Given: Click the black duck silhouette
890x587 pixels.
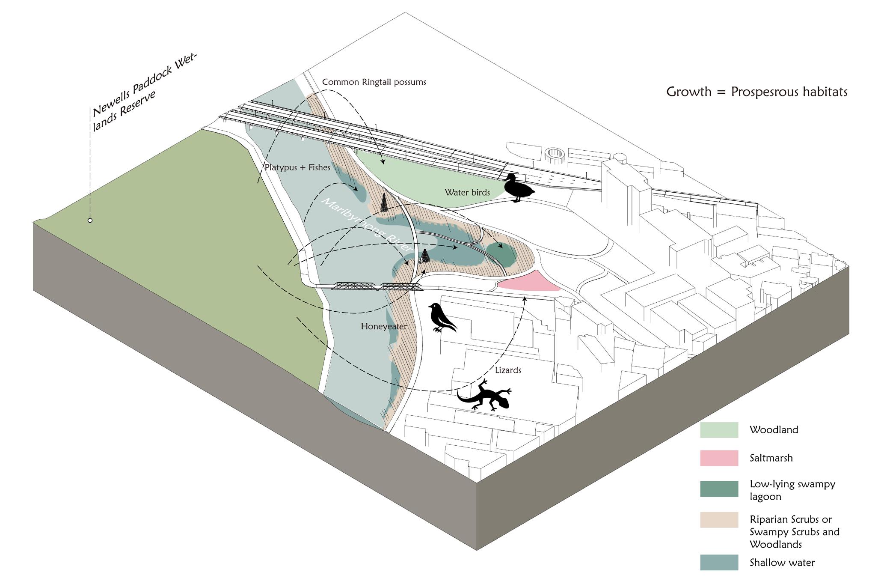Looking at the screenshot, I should click(x=517, y=188).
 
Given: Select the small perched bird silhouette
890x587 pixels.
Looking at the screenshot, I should click(x=442, y=318).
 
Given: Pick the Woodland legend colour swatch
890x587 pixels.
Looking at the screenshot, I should click(x=719, y=430).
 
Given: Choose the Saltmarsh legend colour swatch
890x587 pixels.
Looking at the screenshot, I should click(x=719, y=458).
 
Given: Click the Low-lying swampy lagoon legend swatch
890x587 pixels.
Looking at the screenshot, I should click(x=719, y=489).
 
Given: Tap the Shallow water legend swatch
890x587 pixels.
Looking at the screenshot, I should click(x=719, y=563).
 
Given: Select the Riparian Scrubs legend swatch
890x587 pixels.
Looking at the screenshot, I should click(x=719, y=520).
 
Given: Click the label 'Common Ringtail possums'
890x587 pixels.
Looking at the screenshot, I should click(x=374, y=82).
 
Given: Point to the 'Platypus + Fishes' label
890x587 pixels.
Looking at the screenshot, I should click(x=297, y=167).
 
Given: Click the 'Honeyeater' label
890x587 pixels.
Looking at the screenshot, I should click(x=384, y=327).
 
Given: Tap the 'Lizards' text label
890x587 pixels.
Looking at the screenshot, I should click(x=508, y=370).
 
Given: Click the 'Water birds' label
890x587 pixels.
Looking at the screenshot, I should click(x=467, y=193).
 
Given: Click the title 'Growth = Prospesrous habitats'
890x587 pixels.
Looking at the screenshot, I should click(x=756, y=92).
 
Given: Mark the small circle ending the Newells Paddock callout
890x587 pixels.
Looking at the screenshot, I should click(x=90, y=220).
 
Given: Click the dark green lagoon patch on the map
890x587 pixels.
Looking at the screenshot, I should click(x=501, y=254).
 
